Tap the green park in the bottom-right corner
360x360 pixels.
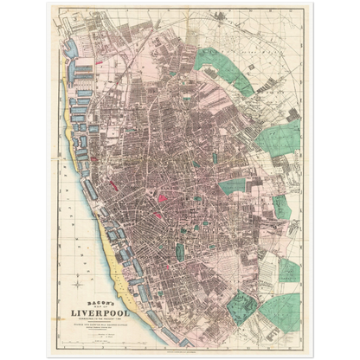pyautogui.click(x=286, y=311)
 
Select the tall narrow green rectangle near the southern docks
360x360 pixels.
pyautogui.click(x=180, y=252)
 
